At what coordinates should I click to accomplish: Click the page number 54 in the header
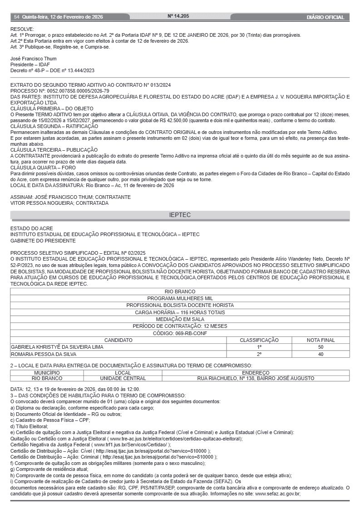[x=16, y=17]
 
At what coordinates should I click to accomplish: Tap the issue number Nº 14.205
[x=178, y=16]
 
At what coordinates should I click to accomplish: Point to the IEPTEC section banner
[x=180, y=215]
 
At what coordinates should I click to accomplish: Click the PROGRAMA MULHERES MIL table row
[x=180, y=299]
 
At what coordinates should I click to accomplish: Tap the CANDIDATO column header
[x=118, y=340]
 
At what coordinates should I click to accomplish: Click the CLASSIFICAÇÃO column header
[x=259, y=340]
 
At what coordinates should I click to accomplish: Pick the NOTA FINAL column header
[x=321, y=340]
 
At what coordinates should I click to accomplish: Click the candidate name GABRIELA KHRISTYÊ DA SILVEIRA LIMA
[x=57, y=347]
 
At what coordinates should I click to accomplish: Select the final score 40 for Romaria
[x=321, y=354]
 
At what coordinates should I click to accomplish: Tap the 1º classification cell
[x=259, y=347]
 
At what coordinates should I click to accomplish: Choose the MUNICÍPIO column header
[x=47, y=372]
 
